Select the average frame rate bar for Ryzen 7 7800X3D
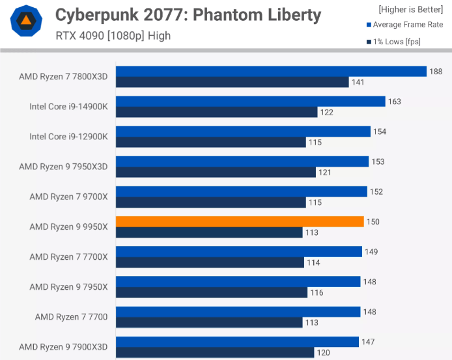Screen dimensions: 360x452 coord(271,72)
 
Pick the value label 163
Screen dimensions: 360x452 coord(394,102)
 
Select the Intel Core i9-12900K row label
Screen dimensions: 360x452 coord(68,137)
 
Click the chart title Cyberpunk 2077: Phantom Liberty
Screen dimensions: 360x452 coord(188,14)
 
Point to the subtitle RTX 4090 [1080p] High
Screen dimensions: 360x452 coord(113,36)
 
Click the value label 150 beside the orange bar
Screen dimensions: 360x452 coord(373,222)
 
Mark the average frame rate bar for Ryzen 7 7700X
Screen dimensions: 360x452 coord(238,252)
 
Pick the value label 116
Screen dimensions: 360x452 coord(317,292)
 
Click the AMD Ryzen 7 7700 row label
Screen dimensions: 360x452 coord(71,316)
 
